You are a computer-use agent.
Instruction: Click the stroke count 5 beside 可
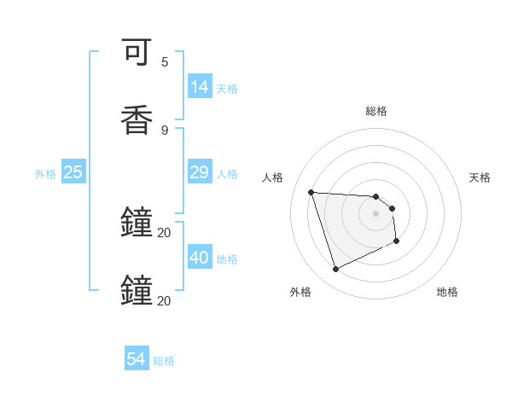tap(165, 62)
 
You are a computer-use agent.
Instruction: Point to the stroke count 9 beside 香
tap(165, 130)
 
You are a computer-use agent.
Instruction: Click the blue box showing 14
tap(200, 86)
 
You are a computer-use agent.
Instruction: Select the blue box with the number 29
tap(200, 171)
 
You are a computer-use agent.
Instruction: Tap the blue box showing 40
tap(200, 257)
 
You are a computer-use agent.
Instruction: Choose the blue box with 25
tap(73, 171)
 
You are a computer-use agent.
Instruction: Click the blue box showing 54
tap(137, 359)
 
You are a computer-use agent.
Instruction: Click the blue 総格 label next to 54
tap(164, 361)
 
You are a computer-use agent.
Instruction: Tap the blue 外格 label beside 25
tap(45, 174)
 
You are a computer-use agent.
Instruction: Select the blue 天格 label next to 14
tap(227, 89)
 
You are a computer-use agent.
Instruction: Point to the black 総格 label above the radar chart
tap(376, 111)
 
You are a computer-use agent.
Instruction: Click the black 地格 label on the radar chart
tap(447, 292)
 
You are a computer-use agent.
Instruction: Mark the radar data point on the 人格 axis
tap(311, 192)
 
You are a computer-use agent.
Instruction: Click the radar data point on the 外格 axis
tap(335, 270)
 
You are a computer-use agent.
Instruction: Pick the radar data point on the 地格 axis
tap(397, 242)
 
